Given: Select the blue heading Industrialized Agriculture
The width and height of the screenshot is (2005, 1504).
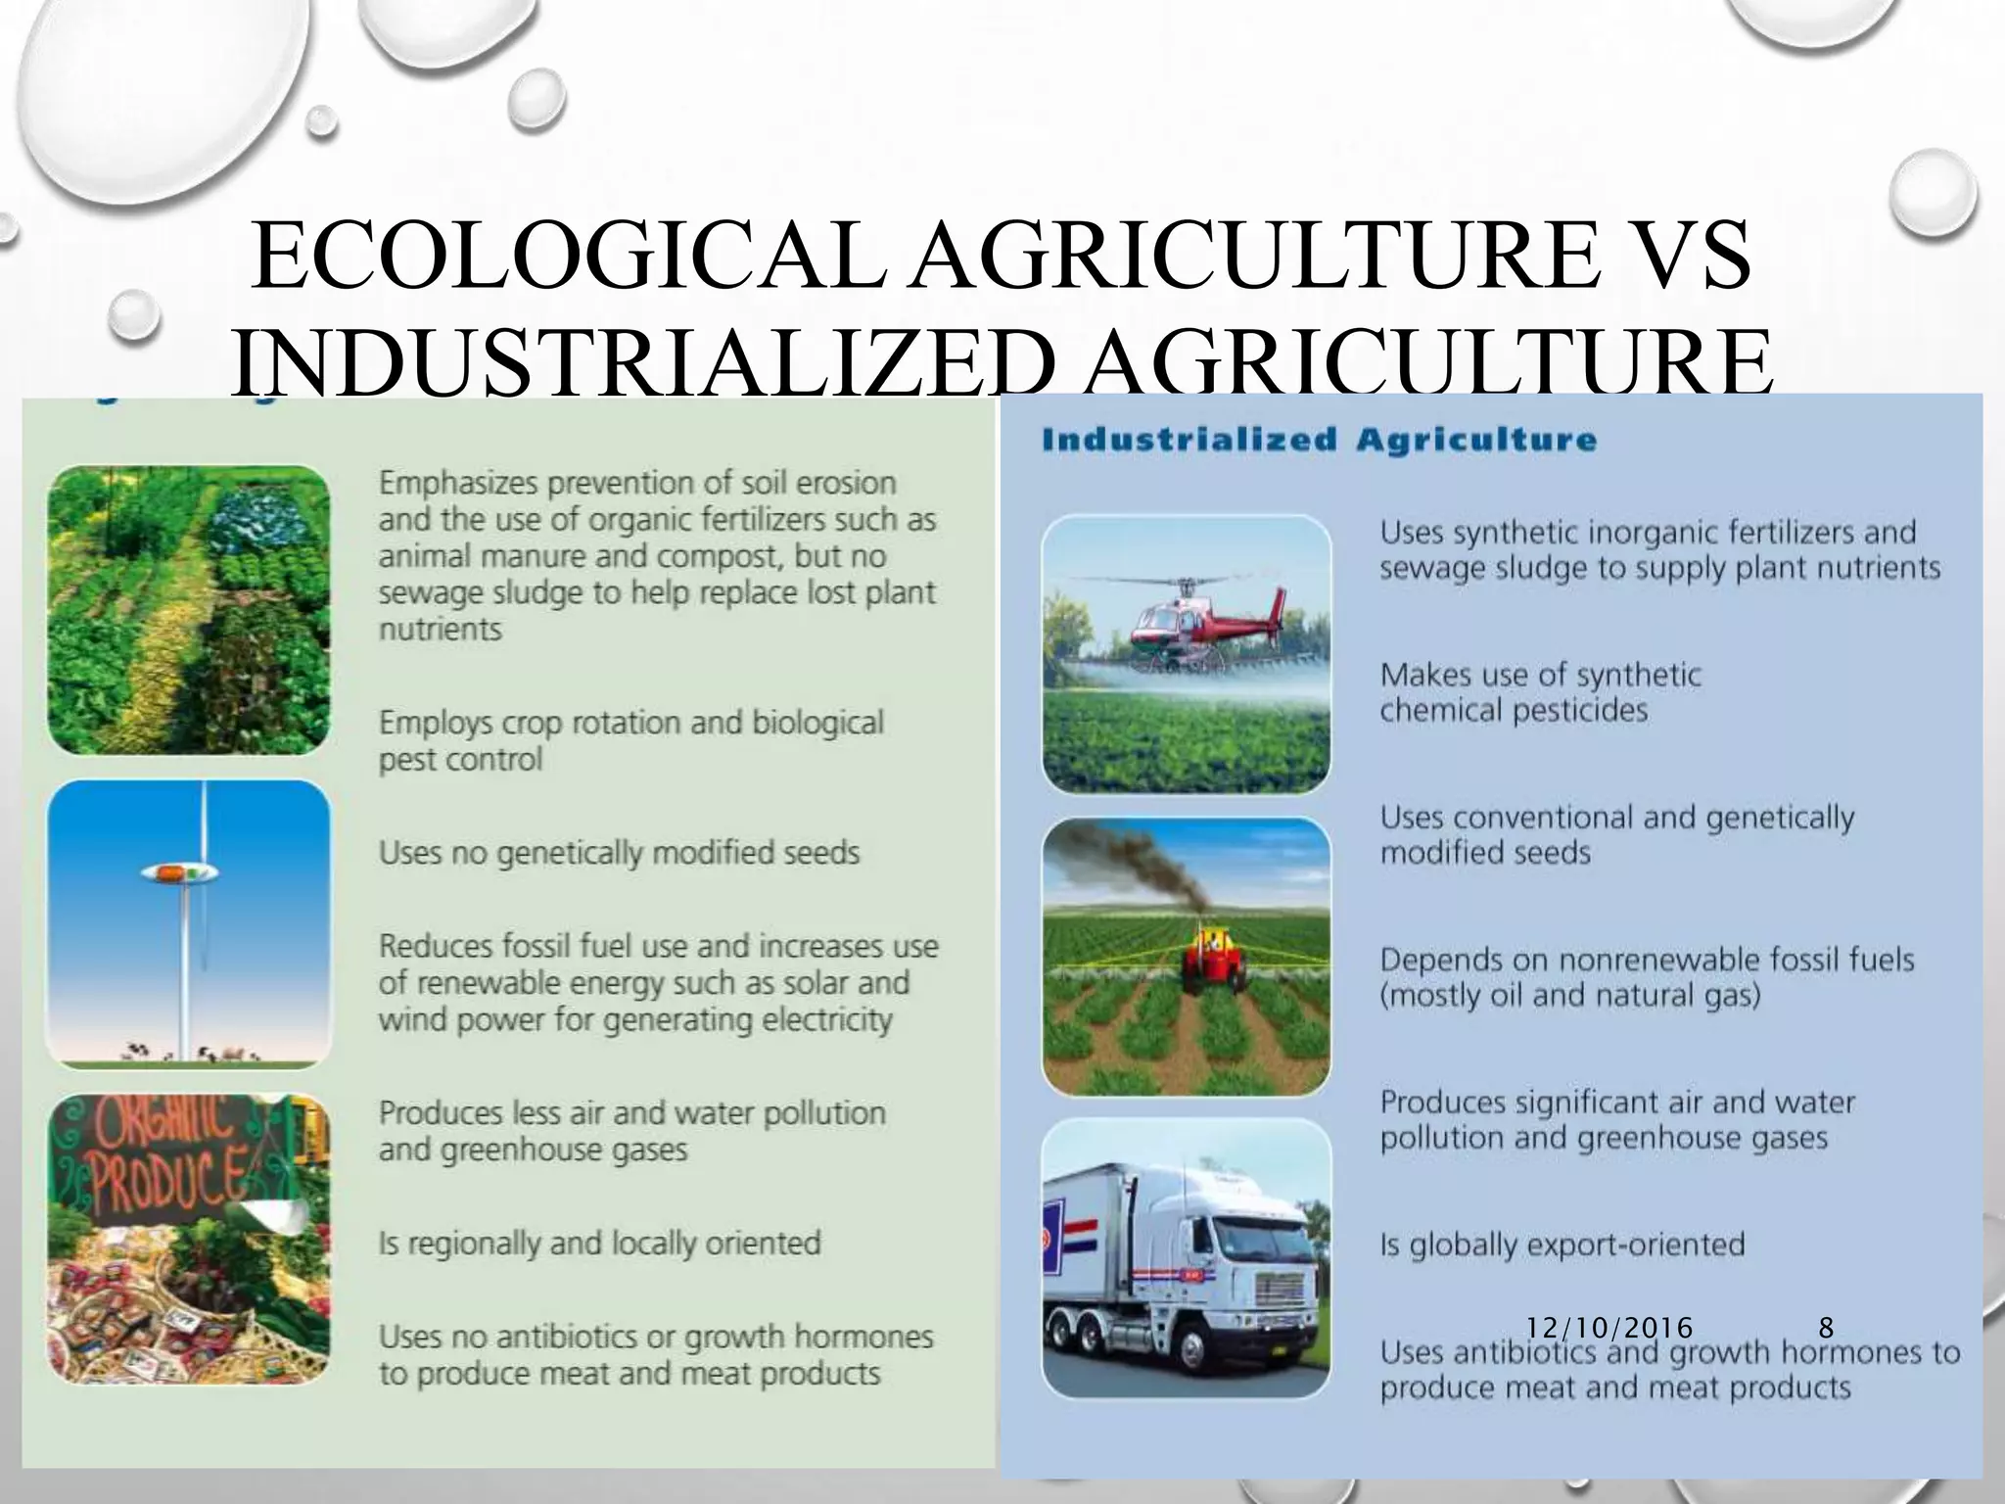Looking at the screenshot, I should [x=1319, y=440].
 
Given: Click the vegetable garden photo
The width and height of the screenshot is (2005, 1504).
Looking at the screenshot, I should [x=189, y=609].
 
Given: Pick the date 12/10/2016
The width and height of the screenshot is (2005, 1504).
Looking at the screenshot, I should [x=1609, y=1328].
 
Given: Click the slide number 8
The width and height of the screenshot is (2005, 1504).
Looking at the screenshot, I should [x=1826, y=1328].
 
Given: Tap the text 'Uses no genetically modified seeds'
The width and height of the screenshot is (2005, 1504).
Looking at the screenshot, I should [x=619, y=853].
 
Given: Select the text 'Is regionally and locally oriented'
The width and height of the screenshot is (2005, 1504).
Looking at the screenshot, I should [x=599, y=1244].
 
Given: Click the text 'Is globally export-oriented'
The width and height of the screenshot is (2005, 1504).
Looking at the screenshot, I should [x=1562, y=1245].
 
